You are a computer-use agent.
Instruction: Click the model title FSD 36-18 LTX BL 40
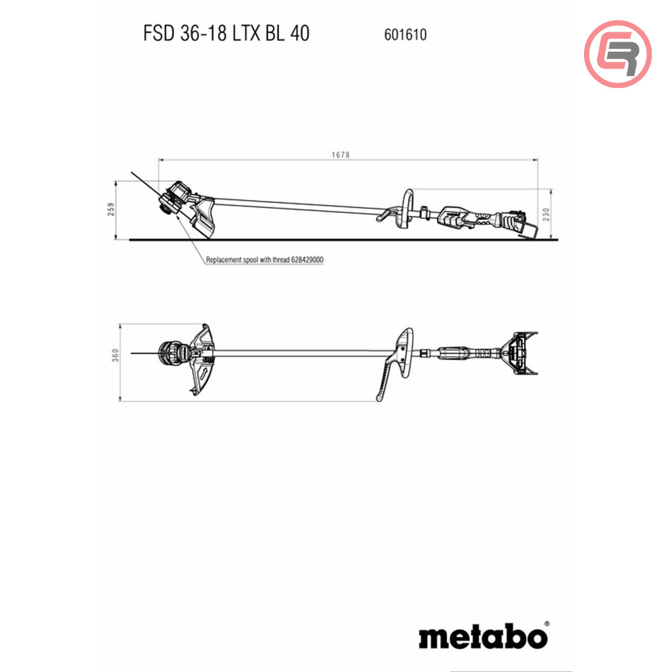pyautogui.click(x=226, y=33)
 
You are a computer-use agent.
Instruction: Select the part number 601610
pyautogui.click(x=405, y=34)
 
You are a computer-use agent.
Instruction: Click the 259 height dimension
pyautogui.click(x=112, y=210)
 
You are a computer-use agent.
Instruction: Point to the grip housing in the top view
pyautogui.click(x=460, y=352)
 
